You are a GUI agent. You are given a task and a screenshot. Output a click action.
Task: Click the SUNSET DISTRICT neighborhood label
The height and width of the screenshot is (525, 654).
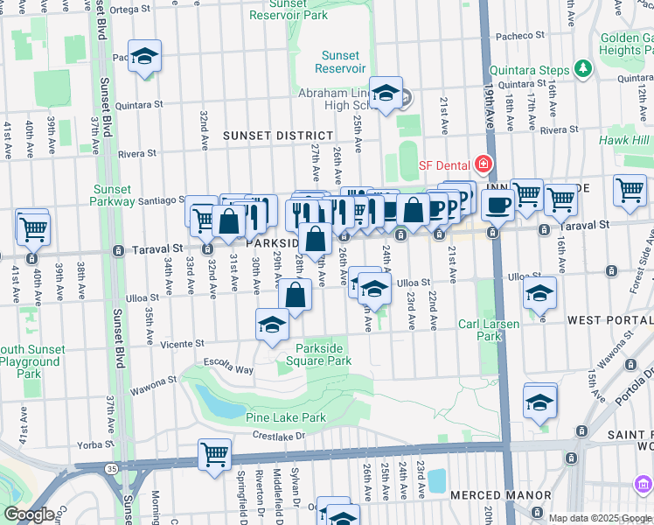click(278, 136)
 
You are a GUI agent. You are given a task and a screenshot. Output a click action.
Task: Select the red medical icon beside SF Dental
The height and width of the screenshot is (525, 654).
click(482, 164)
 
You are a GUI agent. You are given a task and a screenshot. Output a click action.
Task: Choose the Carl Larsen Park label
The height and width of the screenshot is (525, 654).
click(490, 331)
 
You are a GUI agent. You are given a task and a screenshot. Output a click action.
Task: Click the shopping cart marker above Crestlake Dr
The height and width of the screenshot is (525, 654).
click(214, 454)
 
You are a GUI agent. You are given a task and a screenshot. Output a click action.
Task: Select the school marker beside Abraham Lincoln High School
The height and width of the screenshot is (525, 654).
click(386, 92)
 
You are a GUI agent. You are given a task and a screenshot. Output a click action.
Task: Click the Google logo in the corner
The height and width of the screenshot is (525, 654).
click(28, 514)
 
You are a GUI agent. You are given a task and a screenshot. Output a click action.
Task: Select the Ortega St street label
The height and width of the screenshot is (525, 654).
click(132, 10)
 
